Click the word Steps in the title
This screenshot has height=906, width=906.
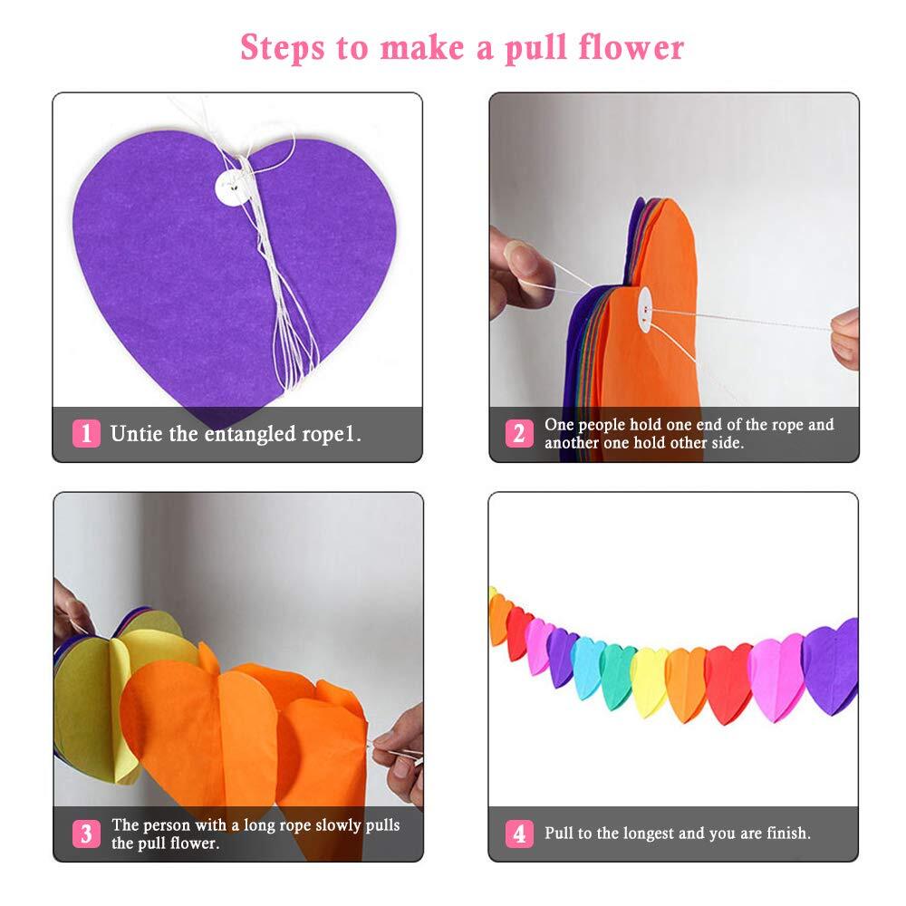[x=282, y=47]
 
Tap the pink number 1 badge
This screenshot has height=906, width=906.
[x=86, y=434]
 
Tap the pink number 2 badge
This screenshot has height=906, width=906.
[x=518, y=434]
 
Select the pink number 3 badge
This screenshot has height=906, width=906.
[x=86, y=834]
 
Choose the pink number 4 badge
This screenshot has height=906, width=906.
[x=518, y=834]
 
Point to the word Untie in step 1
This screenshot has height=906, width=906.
[x=136, y=434]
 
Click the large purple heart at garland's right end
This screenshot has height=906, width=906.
[x=831, y=666]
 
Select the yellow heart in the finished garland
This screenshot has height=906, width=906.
[x=649, y=679]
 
